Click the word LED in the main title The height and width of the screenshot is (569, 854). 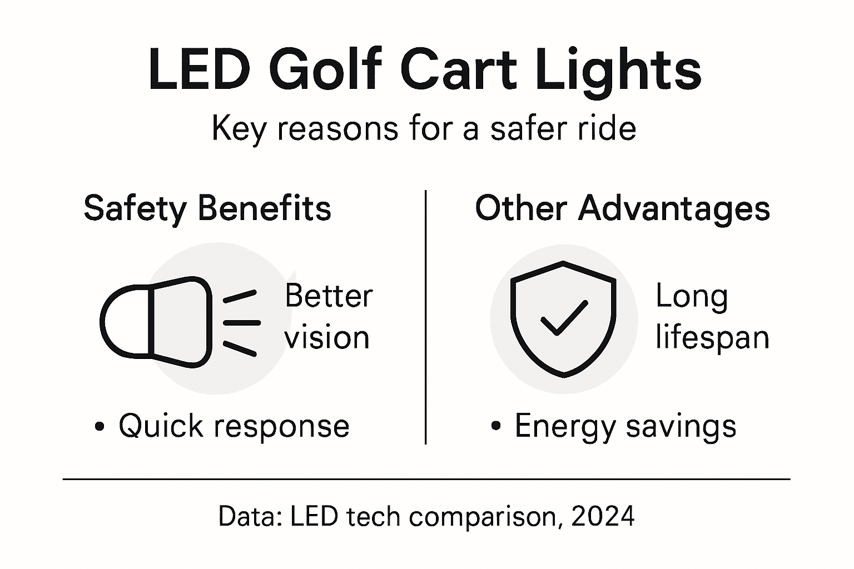197,70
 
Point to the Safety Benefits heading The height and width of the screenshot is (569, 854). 207,209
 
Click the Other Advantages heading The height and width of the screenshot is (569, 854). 622,209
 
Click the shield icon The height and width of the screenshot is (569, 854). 563,320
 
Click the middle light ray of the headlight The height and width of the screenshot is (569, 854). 241,322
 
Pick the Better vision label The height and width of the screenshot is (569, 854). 328,317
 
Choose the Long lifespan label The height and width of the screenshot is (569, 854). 712,317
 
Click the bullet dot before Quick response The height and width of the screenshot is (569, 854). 100,427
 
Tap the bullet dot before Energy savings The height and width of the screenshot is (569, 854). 496,427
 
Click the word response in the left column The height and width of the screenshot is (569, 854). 282,427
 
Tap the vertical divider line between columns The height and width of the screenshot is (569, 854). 425,317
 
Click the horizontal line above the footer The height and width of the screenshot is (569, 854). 426,478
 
